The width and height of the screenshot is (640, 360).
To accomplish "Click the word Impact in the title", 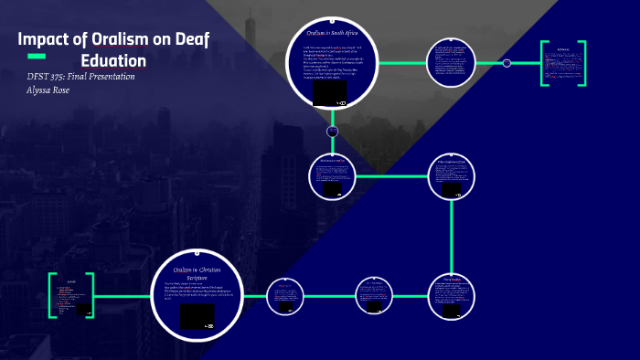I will tap(47, 40).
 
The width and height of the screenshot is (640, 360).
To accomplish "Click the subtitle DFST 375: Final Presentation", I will tap(81, 77).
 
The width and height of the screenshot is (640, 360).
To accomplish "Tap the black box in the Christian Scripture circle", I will tap(197, 316).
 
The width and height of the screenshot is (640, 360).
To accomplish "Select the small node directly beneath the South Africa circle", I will tap(333, 132).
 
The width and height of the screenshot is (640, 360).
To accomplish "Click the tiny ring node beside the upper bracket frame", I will tap(507, 63).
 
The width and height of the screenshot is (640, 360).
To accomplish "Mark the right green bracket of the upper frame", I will tap(583, 64).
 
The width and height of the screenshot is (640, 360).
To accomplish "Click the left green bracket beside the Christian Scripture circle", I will tap(51, 296).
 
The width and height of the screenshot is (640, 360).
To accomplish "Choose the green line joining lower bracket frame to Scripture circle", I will tap(123, 296).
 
